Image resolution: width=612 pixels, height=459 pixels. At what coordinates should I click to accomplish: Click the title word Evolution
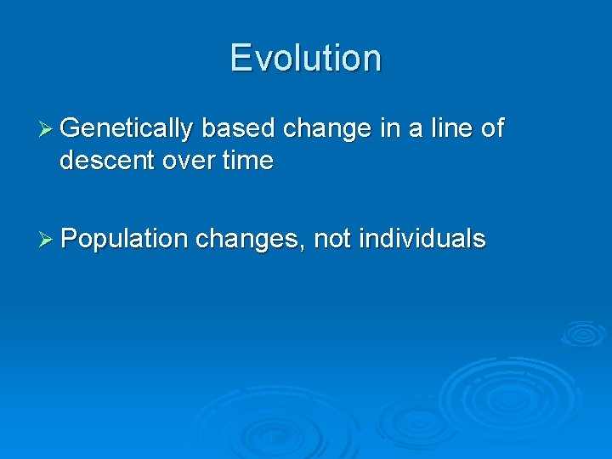305,58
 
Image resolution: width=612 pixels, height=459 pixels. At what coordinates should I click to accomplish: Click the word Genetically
127,129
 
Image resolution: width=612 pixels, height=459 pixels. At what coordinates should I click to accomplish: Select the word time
248,161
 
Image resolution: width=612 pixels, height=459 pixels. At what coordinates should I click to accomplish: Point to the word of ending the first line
492,129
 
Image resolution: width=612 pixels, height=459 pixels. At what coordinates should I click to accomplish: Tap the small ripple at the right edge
584,333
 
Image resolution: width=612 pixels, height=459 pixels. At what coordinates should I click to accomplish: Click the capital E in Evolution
241,58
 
